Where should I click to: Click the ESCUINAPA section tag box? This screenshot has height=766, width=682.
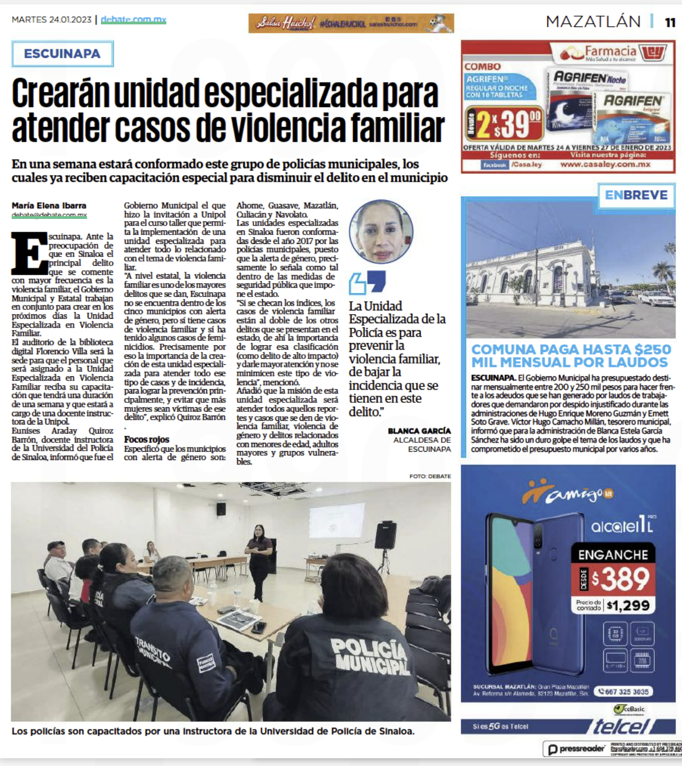click(x=62, y=54)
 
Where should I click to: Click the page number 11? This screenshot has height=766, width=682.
click(x=670, y=22)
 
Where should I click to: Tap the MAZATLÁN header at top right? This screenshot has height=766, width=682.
click(x=593, y=22)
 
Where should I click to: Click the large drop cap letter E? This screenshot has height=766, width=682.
click(x=29, y=253)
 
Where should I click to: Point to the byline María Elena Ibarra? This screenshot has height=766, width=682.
click(x=49, y=206)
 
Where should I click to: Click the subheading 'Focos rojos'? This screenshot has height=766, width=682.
click(x=146, y=440)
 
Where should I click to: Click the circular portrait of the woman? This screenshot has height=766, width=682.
click(x=381, y=232)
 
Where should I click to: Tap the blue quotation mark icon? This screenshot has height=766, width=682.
click(x=367, y=282)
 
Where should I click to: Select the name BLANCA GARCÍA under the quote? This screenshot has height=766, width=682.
click(x=419, y=431)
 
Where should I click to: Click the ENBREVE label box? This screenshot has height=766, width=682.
click(x=636, y=195)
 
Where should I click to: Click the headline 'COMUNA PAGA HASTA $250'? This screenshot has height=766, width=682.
click(x=571, y=350)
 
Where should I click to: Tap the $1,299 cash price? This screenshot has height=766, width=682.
click(x=628, y=605)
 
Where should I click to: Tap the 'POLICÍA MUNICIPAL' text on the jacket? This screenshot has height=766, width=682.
click(x=368, y=654)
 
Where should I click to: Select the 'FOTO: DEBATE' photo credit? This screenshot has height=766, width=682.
click(x=430, y=476)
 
